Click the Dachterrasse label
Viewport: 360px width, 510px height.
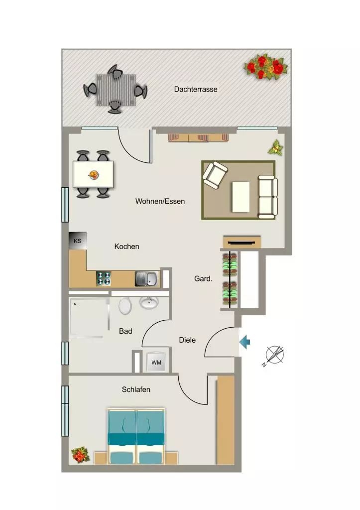[196, 89]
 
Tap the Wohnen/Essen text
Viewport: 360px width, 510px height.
[160, 201]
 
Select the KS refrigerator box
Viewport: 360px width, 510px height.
[78, 241]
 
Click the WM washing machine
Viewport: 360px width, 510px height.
[156, 363]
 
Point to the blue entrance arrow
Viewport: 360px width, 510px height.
[245, 342]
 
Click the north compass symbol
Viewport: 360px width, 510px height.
[274, 355]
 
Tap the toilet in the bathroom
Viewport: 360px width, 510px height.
[125, 306]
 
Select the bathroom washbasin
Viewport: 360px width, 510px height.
[149, 302]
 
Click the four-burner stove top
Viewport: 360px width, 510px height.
[104, 279]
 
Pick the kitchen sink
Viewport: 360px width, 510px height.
[147, 279]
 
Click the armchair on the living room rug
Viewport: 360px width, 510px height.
[215, 175]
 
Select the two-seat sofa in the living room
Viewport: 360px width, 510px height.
[268, 197]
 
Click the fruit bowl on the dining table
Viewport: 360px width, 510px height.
[94, 175]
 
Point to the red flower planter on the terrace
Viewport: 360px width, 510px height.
[266, 67]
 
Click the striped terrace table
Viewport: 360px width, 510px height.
[116, 90]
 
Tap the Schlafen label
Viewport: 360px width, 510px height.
[136, 389]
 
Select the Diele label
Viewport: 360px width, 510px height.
[187, 340]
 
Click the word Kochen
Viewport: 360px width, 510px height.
[126, 247]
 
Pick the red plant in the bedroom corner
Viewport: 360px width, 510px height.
[80, 454]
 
